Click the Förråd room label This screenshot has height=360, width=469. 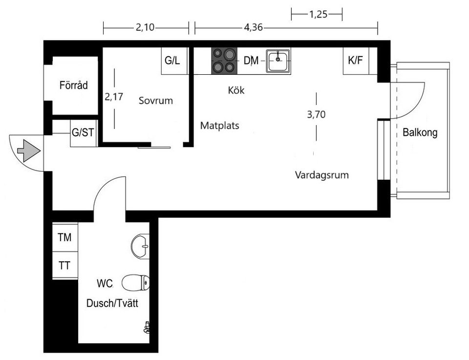coord(73,85)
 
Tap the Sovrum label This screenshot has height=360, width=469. coord(156,101)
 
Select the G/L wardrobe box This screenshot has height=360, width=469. coord(172,61)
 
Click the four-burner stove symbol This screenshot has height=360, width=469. coord(224,61)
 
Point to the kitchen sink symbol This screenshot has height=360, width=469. coord(278,61)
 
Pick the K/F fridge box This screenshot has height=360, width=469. coord(355,61)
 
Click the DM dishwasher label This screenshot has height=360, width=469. coord(251,61)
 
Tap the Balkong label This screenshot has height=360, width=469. coord(420,132)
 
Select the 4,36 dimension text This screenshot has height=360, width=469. coord(253,28)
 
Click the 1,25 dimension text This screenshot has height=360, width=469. coord(318,14)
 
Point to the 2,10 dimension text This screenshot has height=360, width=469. coord(145,28)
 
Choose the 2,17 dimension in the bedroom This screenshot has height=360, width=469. coord(114,97)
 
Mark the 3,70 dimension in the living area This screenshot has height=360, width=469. coord(316,115)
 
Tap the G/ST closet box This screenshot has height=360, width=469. coord(84,133)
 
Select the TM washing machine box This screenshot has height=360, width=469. coord(64,237)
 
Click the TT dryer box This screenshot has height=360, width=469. coord(64,266)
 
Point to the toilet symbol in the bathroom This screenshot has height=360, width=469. coord(135,282)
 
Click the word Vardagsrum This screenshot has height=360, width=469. coord(321,175)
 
